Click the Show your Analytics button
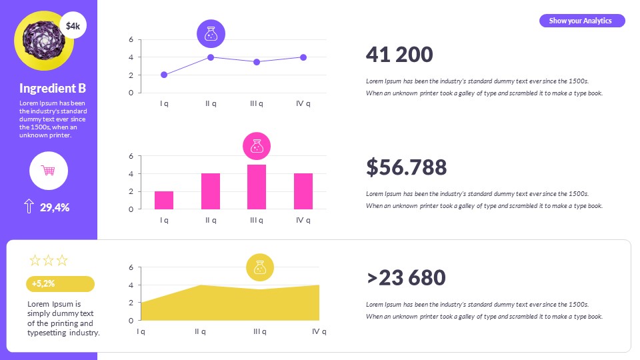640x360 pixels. tap(581, 21)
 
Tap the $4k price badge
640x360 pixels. tap(73, 26)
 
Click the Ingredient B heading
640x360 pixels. tap(53, 88)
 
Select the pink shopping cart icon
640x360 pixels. tap(49, 171)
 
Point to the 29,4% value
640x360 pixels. tap(55, 207)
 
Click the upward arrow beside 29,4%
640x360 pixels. tap(29, 207)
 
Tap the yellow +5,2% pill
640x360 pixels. tap(60, 283)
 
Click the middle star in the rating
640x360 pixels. tap(49, 261)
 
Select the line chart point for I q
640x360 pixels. tap(164, 75)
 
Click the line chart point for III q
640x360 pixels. tap(257, 62)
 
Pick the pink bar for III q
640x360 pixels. tap(257, 187)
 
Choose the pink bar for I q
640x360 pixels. tap(164, 200)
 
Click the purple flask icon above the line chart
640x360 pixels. tap(211, 33)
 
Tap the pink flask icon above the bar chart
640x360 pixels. tap(257, 146)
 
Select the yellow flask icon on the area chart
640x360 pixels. tap(260, 267)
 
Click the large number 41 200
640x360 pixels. tap(399, 55)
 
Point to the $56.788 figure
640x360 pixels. tap(406, 167)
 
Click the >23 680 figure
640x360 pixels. tap(406, 278)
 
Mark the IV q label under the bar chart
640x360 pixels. tap(303, 220)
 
